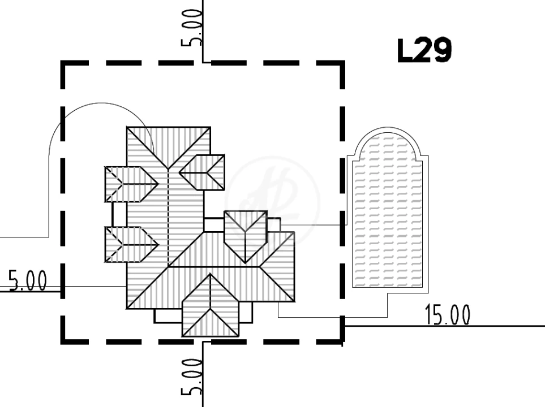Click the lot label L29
424,51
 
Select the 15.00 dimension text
448,315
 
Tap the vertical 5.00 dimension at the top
191,28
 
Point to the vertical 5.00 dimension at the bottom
191,377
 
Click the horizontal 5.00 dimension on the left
28,280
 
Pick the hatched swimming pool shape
388,211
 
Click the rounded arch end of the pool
388,142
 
